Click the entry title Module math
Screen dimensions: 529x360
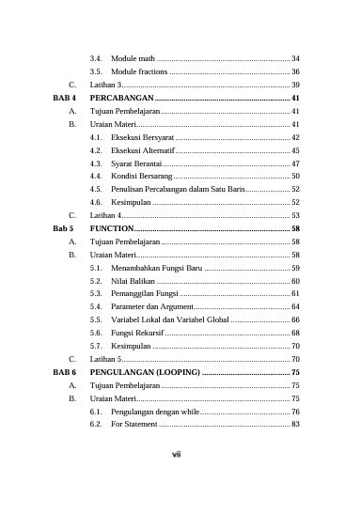click(133, 58)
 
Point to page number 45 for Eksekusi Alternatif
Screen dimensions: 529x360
click(295, 150)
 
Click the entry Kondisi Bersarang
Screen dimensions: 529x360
click(141, 176)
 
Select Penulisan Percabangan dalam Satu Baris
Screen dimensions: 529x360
click(179, 189)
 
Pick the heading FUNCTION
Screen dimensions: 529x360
click(111, 228)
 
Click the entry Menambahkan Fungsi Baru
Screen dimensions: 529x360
click(156, 268)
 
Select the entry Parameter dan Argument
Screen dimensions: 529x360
click(153, 306)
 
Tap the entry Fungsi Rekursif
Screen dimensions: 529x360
click(138, 333)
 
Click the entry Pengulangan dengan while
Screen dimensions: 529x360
click(155, 412)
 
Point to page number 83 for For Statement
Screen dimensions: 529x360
click(295, 425)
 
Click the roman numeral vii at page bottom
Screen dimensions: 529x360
click(176, 456)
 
